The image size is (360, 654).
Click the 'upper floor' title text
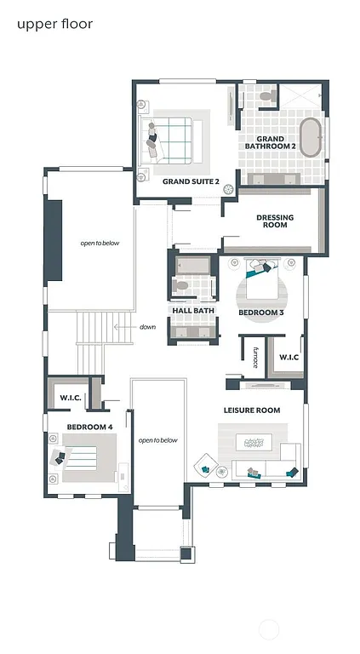[54, 24]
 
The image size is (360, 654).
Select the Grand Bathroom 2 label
[271, 142]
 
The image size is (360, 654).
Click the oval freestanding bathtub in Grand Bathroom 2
[310, 138]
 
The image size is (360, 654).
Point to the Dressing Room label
[275, 221]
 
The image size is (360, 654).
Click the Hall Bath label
[192, 311]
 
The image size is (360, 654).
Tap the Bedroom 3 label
[260, 313]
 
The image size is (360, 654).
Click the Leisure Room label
[252, 410]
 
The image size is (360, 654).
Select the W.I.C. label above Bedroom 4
[70, 398]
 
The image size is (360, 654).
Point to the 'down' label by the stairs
[148, 327]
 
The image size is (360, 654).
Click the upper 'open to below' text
[100, 243]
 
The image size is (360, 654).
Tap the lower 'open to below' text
[157, 440]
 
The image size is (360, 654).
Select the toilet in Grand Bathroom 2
[266, 98]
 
